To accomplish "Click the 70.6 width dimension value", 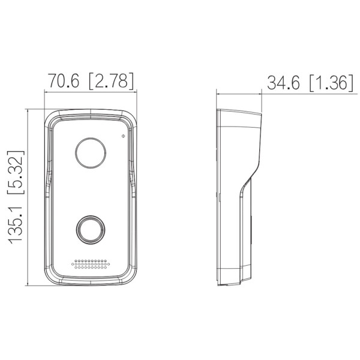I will click(x=64, y=82).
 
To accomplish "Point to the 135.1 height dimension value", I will click(x=15, y=221).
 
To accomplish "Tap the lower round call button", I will click(x=89, y=229).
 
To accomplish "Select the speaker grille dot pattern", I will click(x=91, y=265).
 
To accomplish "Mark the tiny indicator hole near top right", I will click(x=123, y=136).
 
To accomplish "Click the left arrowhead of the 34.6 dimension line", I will click(x=218, y=93).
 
